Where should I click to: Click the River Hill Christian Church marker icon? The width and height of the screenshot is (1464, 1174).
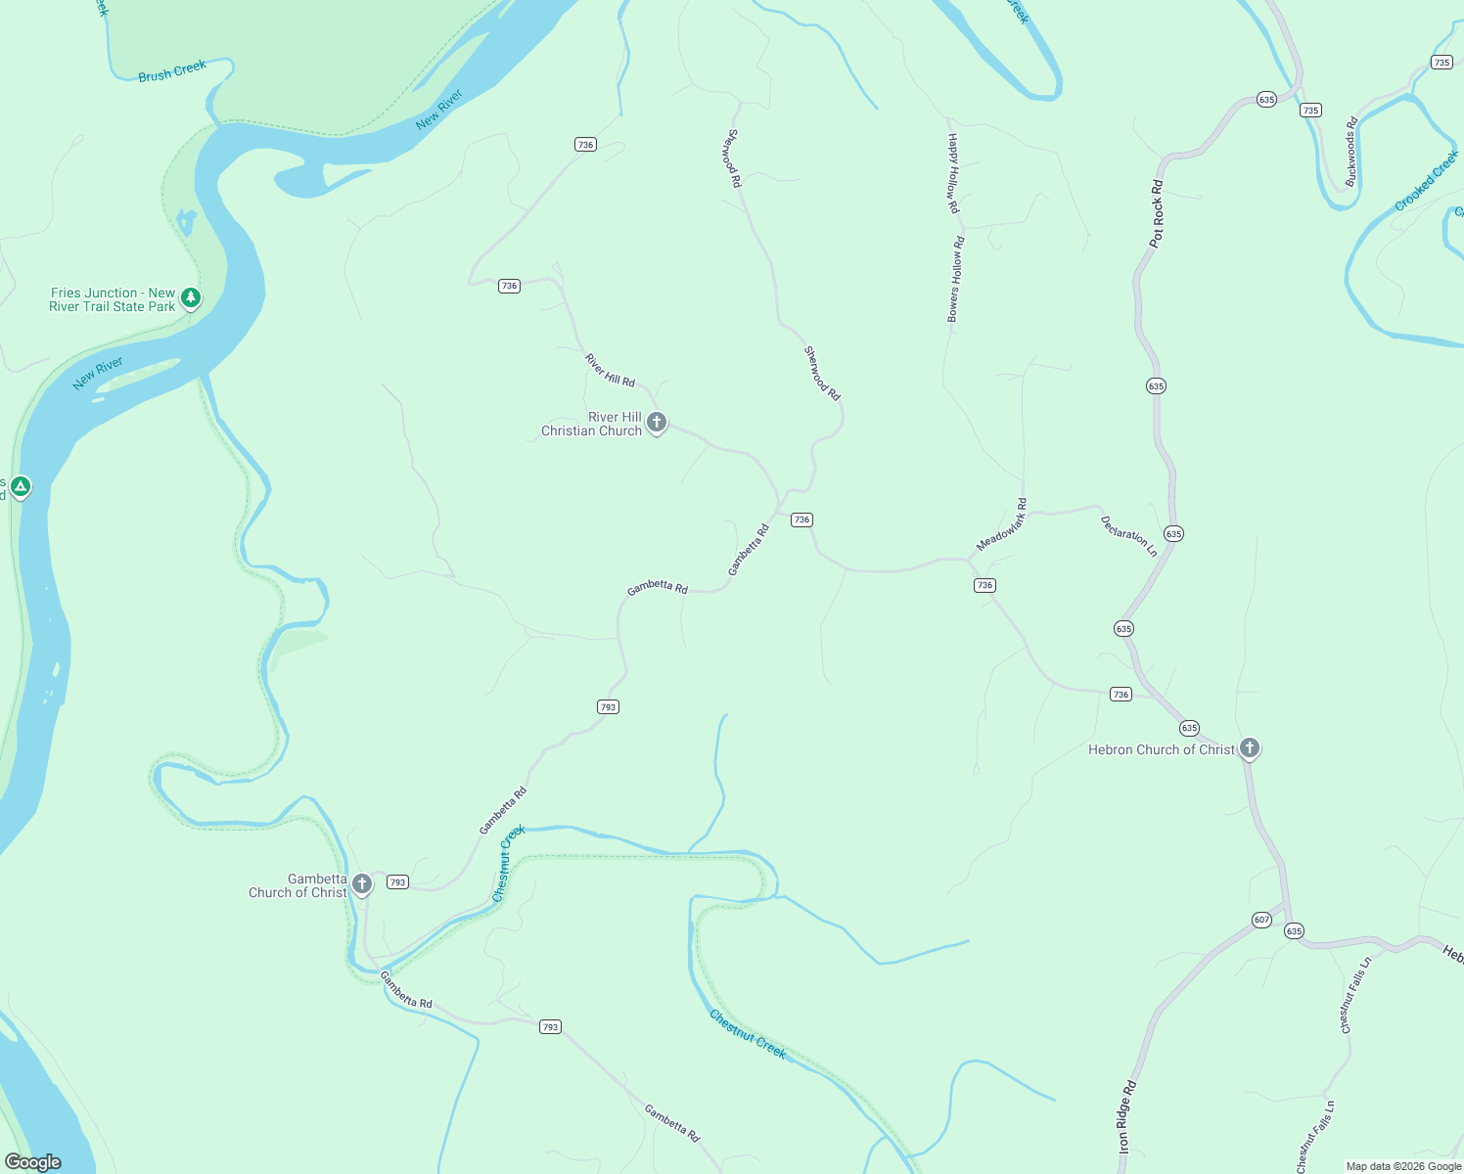(x=657, y=423)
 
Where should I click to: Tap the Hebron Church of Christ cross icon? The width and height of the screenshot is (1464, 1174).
(x=1249, y=748)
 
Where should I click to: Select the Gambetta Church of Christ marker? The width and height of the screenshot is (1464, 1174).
(x=362, y=884)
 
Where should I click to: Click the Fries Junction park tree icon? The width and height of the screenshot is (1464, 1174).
(x=191, y=297)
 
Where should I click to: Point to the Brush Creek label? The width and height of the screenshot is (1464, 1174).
(x=172, y=71)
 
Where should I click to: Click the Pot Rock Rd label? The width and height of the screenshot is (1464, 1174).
(x=1157, y=213)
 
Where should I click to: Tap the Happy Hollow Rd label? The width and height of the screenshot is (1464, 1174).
(x=952, y=174)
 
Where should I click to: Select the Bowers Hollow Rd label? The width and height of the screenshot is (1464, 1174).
(x=955, y=279)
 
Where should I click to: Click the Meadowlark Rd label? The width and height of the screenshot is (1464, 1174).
(x=1002, y=524)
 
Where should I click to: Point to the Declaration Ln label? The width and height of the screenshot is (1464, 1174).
(x=1129, y=536)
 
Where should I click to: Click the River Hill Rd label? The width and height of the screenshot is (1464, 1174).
(x=610, y=370)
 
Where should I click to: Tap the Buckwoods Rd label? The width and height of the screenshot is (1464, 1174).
(x=1351, y=152)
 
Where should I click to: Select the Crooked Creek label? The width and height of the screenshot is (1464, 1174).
(x=1426, y=180)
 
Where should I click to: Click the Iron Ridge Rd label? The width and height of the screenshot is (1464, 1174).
(x=1126, y=1116)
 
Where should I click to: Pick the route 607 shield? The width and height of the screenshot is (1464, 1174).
(x=1261, y=920)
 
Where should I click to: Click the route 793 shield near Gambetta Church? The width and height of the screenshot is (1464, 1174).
(x=397, y=881)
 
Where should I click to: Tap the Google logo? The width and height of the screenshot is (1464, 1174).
(x=33, y=1162)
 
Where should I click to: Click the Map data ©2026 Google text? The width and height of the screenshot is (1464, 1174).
(x=1403, y=1166)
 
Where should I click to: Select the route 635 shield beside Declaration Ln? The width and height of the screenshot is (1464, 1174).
(x=1173, y=533)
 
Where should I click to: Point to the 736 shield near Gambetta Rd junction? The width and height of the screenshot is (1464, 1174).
(x=801, y=519)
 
